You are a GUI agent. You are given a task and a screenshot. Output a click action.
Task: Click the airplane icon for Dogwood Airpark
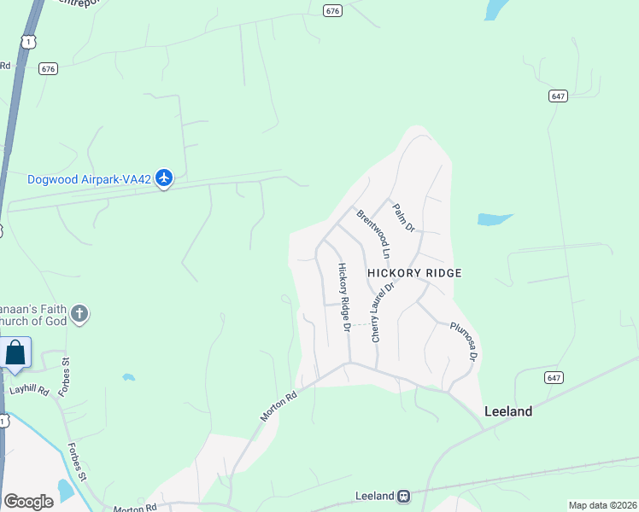click(x=164, y=178)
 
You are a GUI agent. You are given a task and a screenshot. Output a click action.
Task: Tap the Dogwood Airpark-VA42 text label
click(x=89, y=179)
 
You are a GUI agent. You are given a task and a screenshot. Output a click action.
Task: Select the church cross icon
click(x=80, y=314)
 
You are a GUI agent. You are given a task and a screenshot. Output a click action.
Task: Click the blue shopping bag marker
click(x=15, y=353)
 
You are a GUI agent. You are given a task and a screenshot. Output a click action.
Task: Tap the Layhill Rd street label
click(x=30, y=389)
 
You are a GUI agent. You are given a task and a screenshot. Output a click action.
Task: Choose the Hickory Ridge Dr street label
click(x=344, y=297)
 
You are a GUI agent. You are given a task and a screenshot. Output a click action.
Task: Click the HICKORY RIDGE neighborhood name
click(x=414, y=273)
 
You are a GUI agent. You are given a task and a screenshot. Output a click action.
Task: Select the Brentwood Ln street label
click(x=374, y=234)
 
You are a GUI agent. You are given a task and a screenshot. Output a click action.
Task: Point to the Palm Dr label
click(x=402, y=217)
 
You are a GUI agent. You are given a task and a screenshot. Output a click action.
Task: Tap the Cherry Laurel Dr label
click(x=381, y=312)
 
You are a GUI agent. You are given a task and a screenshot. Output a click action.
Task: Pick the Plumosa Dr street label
click(x=462, y=340)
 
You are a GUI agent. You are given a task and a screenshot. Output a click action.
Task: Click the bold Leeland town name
click(x=508, y=411)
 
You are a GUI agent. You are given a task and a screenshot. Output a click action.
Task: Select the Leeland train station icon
click(x=403, y=496)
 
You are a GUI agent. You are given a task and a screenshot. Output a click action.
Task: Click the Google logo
click(x=28, y=502)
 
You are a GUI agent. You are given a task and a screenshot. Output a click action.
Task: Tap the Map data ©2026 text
click(x=602, y=505)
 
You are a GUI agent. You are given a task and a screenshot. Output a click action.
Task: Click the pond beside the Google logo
click(x=65, y=490)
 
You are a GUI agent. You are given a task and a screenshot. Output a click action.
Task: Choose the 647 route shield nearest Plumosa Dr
click(x=553, y=376)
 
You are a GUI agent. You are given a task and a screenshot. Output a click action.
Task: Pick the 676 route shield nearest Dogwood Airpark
click(x=48, y=69)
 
